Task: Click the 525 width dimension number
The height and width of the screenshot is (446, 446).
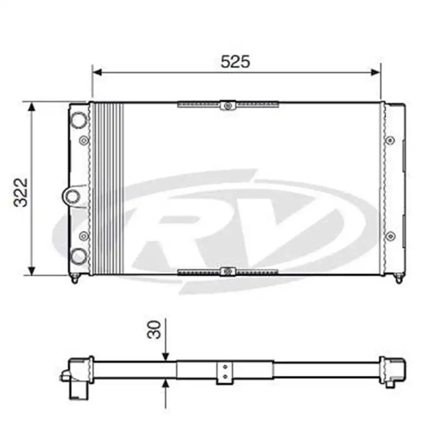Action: tap(235, 62)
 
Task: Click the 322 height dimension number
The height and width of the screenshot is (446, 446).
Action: tap(21, 193)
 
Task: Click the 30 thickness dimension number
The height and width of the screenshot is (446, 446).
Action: tap(154, 330)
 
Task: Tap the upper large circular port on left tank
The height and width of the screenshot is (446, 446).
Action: tap(79, 120)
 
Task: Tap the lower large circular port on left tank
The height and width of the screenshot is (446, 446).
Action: tap(79, 256)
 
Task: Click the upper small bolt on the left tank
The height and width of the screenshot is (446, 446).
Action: tap(84, 140)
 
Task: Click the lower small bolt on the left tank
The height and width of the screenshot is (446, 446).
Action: tap(84, 236)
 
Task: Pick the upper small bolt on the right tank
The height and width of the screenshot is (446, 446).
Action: tap(390, 140)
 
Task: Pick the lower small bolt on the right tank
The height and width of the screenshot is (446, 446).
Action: tap(390, 236)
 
